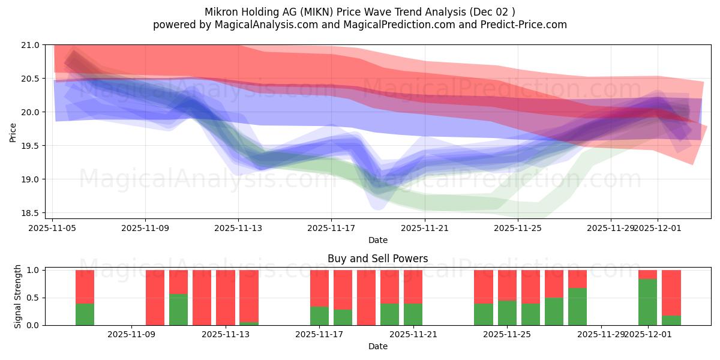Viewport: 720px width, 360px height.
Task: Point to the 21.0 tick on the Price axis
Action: [x=32, y=45]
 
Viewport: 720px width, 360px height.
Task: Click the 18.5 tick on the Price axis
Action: [x=32, y=213]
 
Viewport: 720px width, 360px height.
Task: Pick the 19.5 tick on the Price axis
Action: [x=32, y=146]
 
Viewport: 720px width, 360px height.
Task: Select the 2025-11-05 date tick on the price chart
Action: [x=52, y=228]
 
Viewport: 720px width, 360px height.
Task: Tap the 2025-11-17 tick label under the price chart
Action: [x=331, y=228]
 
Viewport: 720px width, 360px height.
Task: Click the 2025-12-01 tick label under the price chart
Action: [x=658, y=228]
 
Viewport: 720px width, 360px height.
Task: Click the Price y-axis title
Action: [x=13, y=131]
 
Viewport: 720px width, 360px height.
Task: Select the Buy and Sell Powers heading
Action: [x=378, y=259]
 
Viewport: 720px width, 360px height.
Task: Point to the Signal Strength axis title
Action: [x=18, y=297]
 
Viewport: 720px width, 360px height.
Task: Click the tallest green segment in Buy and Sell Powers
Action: [x=647, y=302]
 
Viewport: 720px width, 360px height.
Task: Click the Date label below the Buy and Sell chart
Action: [x=378, y=346]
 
